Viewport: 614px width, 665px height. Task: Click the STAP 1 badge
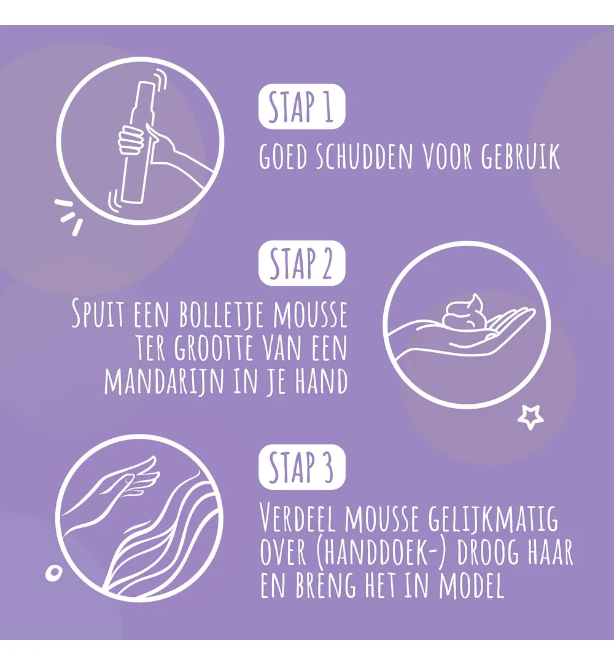click(301, 106)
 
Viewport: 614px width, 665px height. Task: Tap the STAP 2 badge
click(301, 263)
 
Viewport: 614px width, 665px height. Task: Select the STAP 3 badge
click(301, 467)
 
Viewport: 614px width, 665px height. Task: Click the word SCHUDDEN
click(365, 156)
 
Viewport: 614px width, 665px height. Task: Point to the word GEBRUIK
click(520, 156)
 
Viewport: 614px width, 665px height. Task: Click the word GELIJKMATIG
click(493, 518)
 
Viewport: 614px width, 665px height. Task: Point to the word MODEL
click(471, 585)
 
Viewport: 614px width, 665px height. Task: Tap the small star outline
click(530, 417)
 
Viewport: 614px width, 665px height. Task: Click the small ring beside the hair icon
click(54, 573)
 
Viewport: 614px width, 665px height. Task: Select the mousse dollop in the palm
click(464, 311)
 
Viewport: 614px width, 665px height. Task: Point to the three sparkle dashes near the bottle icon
click(69, 216)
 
